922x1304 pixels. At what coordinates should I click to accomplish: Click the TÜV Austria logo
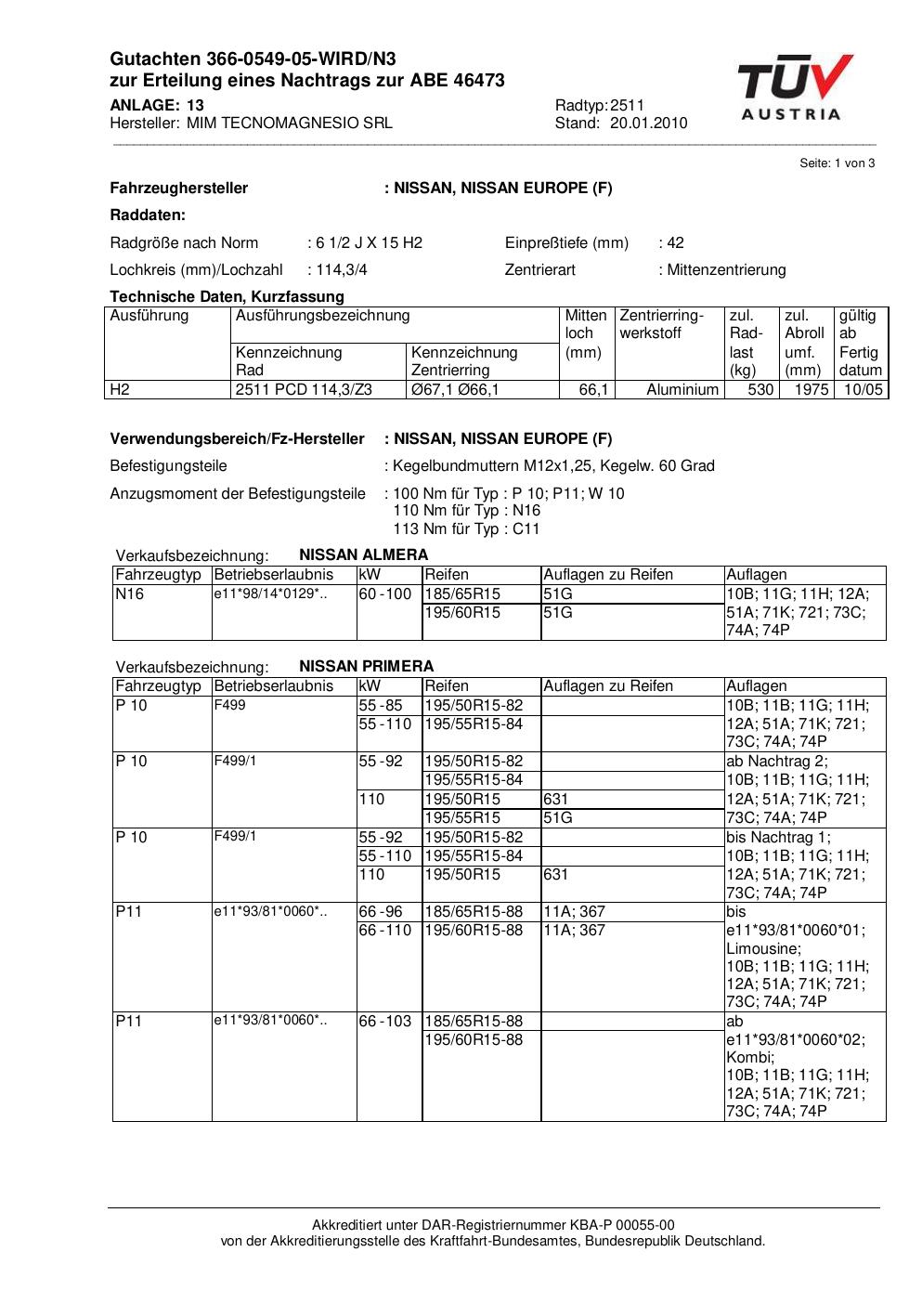[x=794, y=88]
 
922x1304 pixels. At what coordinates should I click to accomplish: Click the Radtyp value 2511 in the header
[x=627, y=105]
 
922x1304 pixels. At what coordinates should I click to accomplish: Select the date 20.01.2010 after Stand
[x=648, y=124]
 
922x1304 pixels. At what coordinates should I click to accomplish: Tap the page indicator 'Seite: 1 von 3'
[x=837, y=163]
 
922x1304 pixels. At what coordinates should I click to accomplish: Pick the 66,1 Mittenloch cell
[x=593, y=390]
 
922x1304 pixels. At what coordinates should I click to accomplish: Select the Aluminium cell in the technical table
[x=682, y=390]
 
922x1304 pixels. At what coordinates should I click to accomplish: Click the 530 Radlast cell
[x=760, y=390]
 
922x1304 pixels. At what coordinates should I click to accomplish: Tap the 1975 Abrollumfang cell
[x=811, y=390]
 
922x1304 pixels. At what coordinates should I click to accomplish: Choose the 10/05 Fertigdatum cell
[x=863, y=390]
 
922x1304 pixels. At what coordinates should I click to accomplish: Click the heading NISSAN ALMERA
[x=364, y=555]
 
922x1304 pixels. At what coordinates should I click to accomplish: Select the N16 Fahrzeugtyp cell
[x=130, y=594]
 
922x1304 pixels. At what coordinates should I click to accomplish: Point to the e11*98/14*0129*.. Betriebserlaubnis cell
[x=269, y=594]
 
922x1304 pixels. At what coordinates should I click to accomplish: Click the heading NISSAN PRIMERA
[x=366, y=667]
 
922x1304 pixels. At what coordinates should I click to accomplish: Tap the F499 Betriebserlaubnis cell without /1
[x=230, y=706]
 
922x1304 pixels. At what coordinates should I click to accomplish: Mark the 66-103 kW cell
[x=384, y=1022]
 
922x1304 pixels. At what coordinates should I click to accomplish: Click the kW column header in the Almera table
[x=370, y=575]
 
